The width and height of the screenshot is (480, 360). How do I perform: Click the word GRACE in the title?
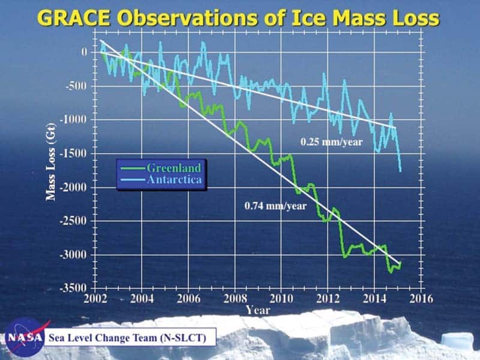click(74, 18)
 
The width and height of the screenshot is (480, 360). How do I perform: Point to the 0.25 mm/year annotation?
click(332, 142)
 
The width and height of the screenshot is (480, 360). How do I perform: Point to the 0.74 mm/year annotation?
click(275, 206)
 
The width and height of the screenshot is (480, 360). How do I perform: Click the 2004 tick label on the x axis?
click(142, 298)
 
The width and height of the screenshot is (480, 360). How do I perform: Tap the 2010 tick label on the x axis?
click(281, 298)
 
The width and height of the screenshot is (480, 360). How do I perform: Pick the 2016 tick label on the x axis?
click(421, 298)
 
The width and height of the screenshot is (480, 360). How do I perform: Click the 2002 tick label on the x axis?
click(95, 298)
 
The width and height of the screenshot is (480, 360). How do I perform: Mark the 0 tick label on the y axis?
click(84, 52)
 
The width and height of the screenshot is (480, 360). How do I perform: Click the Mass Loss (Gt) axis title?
click(51, 162)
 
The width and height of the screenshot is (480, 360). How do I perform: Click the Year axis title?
click(258, 310)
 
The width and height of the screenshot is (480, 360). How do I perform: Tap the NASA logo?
click(25, 337)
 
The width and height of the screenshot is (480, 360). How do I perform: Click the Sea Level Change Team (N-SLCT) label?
click(128, 338)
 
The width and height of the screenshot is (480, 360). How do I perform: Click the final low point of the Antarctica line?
click(400, 171)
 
